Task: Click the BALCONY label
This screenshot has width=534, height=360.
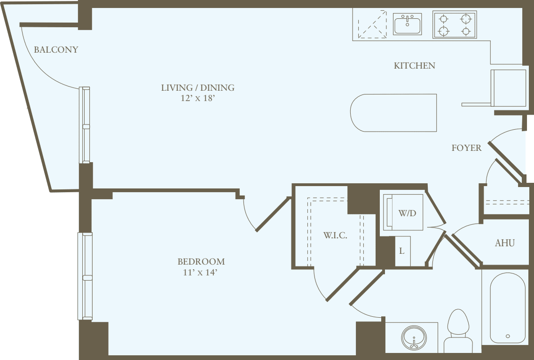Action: point(56,50)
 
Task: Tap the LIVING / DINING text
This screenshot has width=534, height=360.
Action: point(197,88)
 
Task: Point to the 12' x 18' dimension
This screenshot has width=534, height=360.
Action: point(197,99)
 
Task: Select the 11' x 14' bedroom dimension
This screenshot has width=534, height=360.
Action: point(201,272)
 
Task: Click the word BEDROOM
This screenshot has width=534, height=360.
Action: point(201,262)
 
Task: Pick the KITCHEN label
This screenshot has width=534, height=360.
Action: point(414,66)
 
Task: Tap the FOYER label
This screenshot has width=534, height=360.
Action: point(466,148)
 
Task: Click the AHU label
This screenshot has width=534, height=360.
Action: point(504,243)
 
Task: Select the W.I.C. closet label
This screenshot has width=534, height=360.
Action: point(335,235)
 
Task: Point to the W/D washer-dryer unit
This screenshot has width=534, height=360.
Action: point(403,213)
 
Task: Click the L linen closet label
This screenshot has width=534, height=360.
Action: point(401,251)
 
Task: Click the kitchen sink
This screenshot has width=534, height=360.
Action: point(408,24)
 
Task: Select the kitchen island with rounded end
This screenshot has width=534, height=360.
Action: point(394,113)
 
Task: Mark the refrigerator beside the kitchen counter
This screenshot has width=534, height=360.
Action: point(508,88)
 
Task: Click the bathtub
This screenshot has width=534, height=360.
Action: point(507,308)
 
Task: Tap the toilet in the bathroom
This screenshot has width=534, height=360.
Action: point(458,331)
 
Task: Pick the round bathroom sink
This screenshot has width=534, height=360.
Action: point(414,337)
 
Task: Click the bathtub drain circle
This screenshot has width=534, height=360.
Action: point(508,336)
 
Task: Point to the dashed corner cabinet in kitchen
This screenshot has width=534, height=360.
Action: point(371,25)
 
